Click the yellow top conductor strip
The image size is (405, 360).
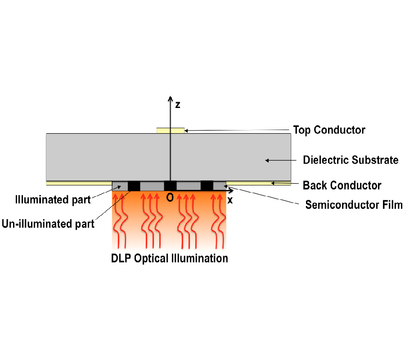170,130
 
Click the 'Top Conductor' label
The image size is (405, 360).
329,130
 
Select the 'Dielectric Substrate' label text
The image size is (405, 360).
351,160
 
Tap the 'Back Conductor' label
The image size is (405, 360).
342,185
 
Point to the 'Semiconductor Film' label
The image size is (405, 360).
354,205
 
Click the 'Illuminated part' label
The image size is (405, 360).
53,199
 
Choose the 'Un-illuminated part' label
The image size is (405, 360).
48,223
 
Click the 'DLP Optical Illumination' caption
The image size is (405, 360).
170,259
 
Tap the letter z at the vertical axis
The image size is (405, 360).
178,105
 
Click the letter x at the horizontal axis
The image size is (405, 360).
230,201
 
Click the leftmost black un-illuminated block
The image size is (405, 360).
134,186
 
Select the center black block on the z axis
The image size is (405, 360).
170,186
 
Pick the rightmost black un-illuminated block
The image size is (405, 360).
207,185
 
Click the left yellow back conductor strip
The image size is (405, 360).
79,183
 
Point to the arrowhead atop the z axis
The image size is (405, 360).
170,99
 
